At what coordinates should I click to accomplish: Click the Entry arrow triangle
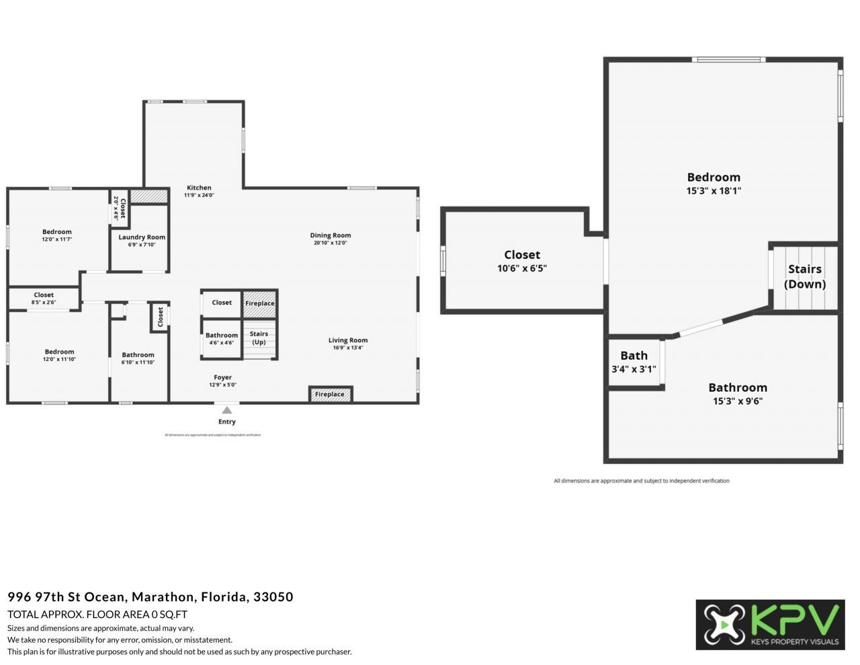pyautogui.click(x=227, y=410)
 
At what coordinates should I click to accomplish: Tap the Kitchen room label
pyautogui.click(x=199, y=188)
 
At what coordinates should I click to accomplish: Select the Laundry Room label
pyautogui.click(x=142, y=237)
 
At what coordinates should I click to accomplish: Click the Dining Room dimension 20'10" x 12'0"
pyautogui.click(x=330, y=243)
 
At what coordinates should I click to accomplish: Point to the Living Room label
pyautogui.click(x=348, y=340)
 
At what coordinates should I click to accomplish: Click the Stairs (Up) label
pyautogui.click(x=259, y=338)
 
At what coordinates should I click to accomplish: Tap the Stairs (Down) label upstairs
pyautogui.click(x=805, y=276)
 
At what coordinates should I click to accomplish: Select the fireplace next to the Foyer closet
pyautogui.click(x=260, y=303)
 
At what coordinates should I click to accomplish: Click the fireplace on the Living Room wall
pyautogui.click(x=330, y=395)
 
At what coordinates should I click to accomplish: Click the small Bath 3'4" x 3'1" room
pyautogui.click(x=634, y=362)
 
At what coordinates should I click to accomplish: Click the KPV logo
pyautogui.click(x=770, y=625)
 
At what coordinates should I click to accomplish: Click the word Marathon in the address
pyautogui.click(x=162, y=596)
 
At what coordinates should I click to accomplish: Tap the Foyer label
pyautogui.click(x=222, y=378)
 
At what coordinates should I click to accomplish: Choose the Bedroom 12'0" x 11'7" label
pyautogui.click(x=57, y=232)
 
